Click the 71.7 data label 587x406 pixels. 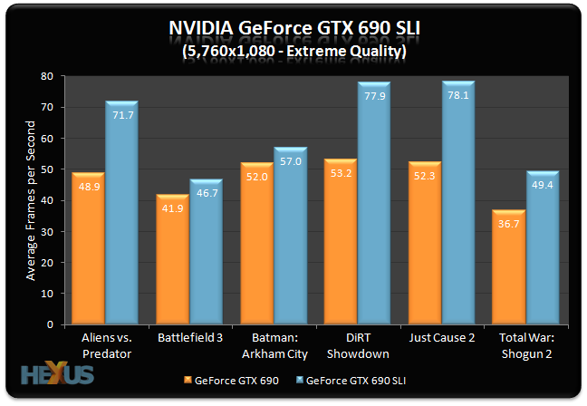pos(121,117)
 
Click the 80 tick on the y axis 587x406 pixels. pos(56,76)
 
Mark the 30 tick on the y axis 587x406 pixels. pos(56,231)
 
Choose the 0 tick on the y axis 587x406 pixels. pos(59,324)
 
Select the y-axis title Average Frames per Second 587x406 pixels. pos(31,199)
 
